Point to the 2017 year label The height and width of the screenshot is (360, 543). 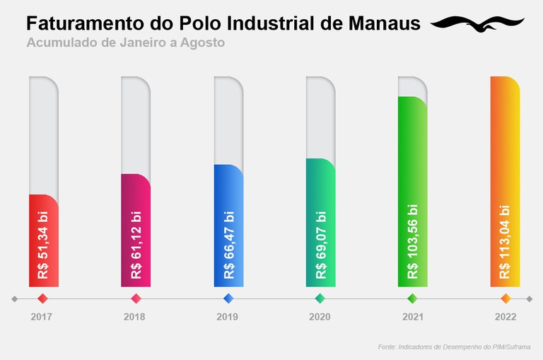42,317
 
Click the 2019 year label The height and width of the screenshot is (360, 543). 228,317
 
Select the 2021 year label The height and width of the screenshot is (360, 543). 413,317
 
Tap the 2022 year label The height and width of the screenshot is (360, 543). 505,317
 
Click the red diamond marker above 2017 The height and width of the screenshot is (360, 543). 42,298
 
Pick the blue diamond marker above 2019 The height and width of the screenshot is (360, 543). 228,298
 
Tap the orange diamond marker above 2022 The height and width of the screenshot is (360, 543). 505,298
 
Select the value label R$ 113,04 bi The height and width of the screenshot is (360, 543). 505,241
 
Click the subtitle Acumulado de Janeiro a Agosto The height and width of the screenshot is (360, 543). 126,42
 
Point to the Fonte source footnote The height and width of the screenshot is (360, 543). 454,347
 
